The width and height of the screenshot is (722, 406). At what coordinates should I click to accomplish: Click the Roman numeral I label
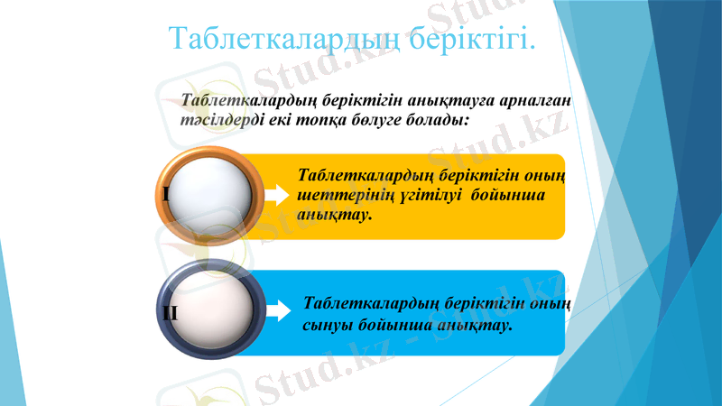167,194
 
